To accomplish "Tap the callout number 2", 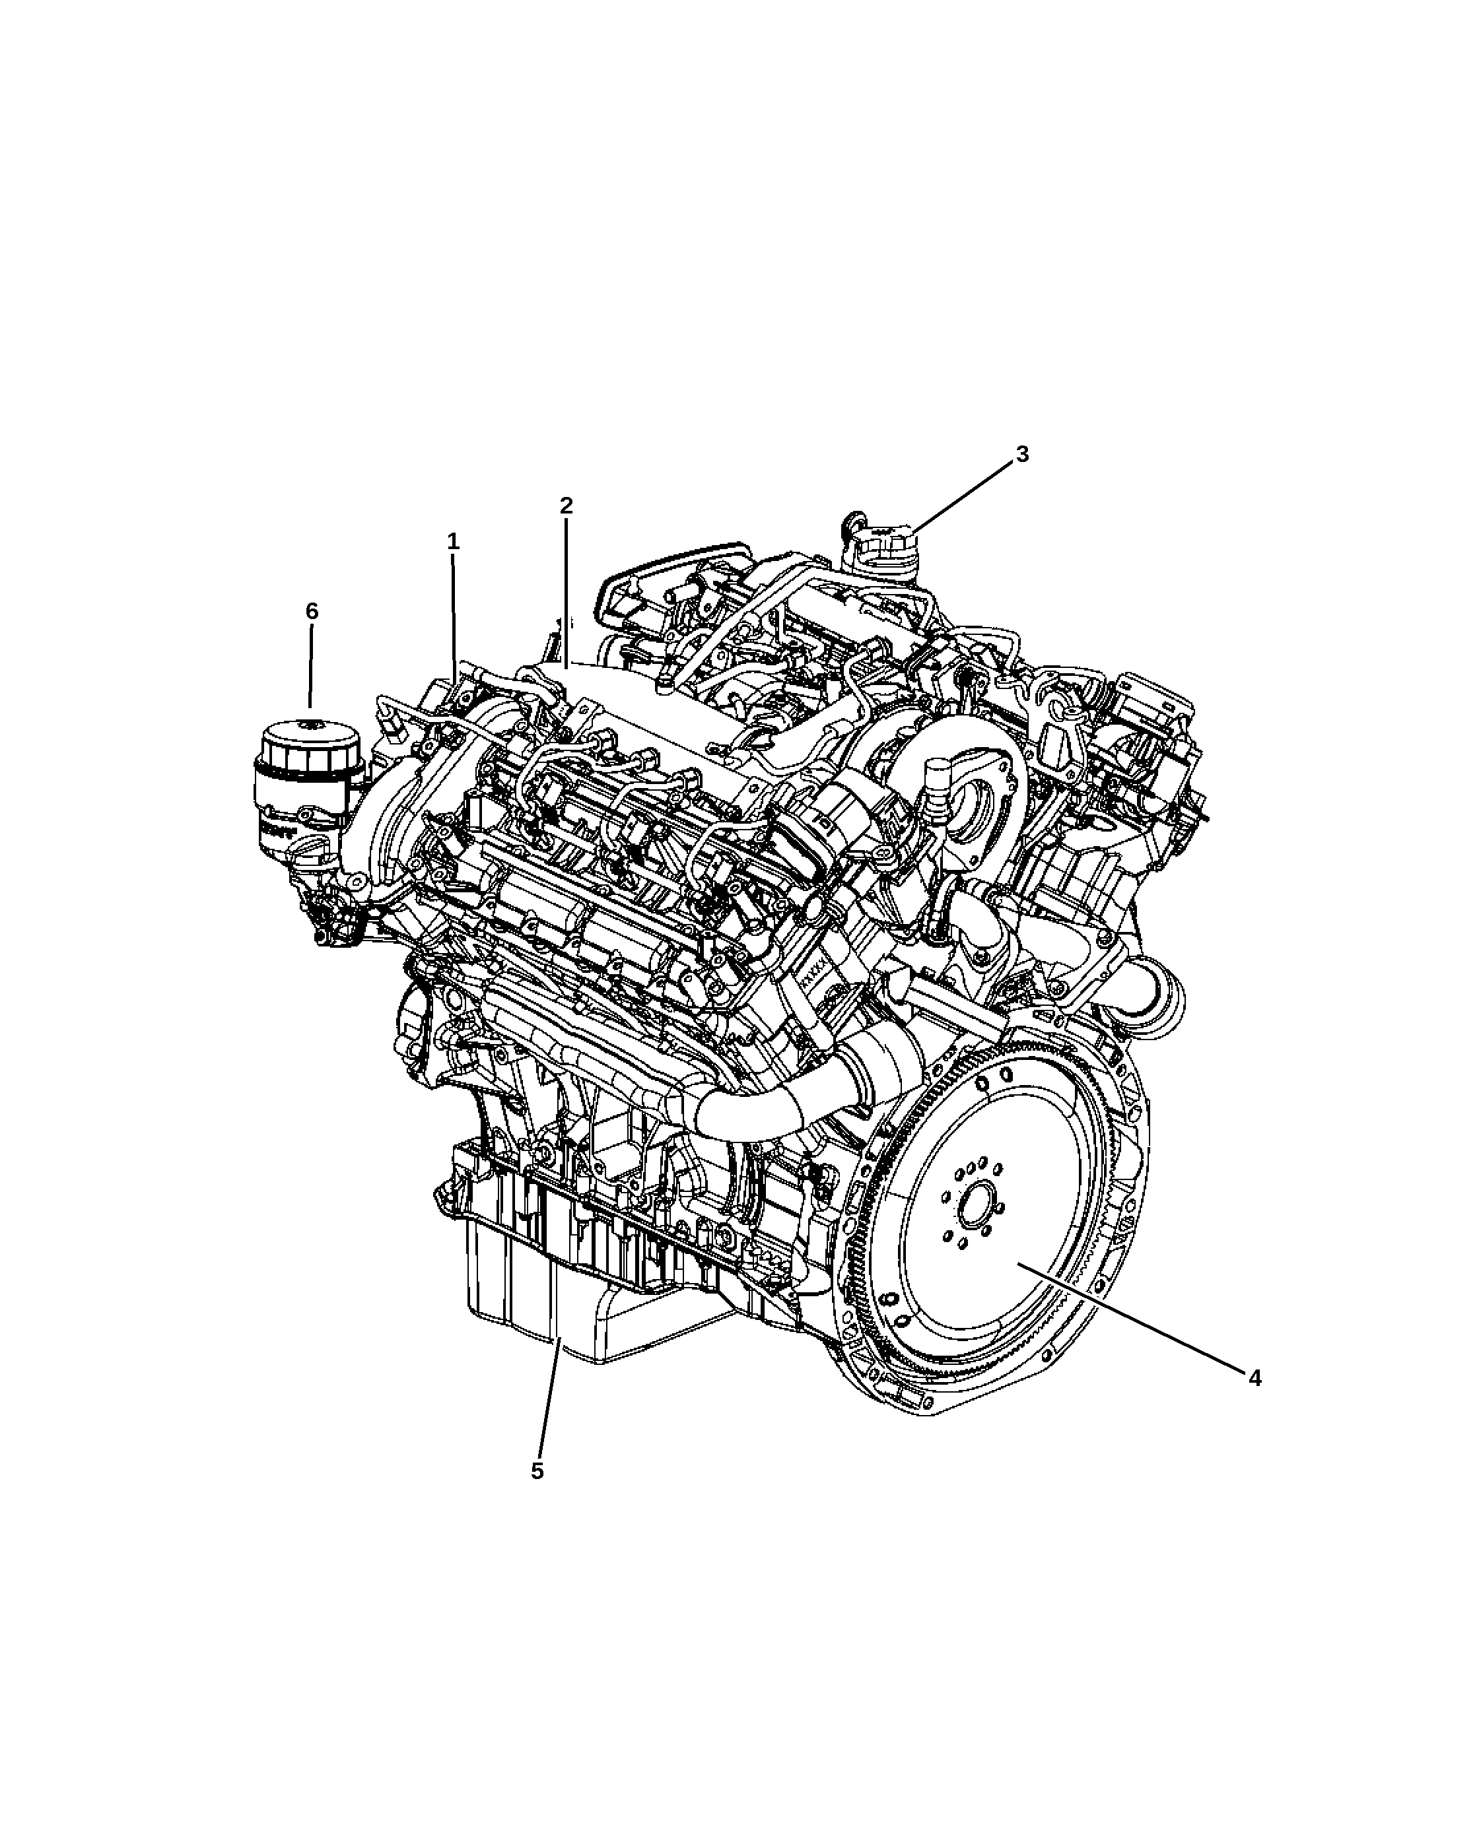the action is (x=566, y=506).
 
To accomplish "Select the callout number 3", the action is (x=1022, y=454).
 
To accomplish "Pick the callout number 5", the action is (x=537, y=1471).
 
